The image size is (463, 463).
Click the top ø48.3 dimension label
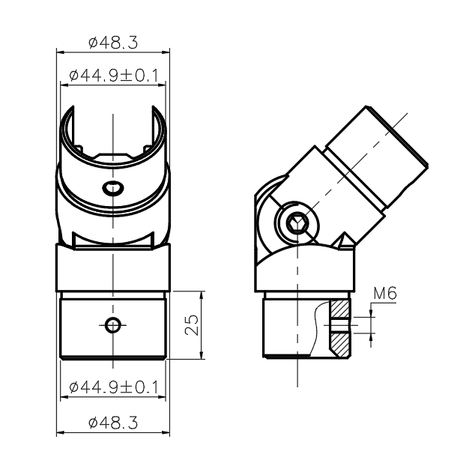(x=113, y=43)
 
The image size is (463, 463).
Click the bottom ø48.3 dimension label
(x=113, y=423)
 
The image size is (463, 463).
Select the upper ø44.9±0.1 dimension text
(x=114, y=76)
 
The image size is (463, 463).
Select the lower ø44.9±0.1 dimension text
(x=114, y=387)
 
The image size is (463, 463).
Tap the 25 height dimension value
(x=192, y=325)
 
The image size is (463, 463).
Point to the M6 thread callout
(x=385, y=294)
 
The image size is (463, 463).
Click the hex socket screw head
(x=297, y=223)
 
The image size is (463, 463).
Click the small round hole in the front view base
(x=113, y=325)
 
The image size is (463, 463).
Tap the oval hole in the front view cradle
(x=113, y=188)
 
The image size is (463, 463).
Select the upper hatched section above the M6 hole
(x=341, y=309)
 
